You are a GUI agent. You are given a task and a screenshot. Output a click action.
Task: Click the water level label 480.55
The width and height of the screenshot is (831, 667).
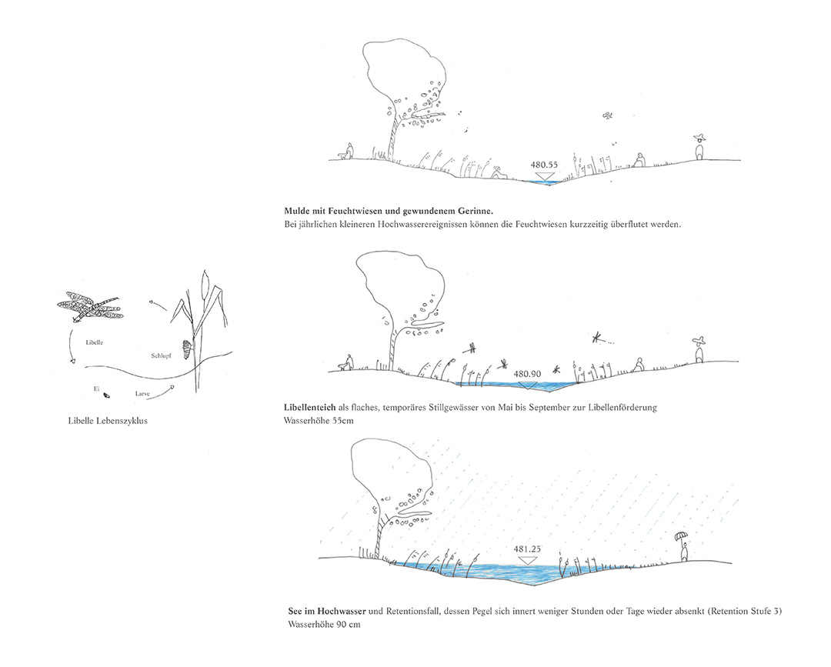(x=544, y=165)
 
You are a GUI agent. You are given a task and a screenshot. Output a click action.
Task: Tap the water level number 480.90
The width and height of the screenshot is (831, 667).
(x=527, y=374)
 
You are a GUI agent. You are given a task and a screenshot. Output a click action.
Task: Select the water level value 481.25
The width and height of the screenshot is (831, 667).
(x=527, y=549)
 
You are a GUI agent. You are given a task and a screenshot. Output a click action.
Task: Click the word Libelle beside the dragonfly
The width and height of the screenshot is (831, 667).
(x=95, y=342)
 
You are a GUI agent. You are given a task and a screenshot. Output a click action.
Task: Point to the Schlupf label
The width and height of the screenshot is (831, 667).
(x=161, y=355)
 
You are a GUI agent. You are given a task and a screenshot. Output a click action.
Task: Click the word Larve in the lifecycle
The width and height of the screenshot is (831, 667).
(x=142, y=394)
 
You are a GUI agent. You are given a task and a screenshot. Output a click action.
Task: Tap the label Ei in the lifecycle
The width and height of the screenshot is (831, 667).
(x=96, y=389)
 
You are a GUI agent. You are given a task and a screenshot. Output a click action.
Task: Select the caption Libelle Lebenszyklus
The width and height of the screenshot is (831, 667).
(x=108, y=421)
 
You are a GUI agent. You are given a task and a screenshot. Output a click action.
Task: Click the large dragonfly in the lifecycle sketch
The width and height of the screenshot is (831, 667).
(x=89, y=307)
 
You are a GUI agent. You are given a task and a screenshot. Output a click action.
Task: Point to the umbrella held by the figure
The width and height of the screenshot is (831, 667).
(x=679, y=535)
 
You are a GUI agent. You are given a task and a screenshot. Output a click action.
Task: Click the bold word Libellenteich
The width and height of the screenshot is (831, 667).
(x=309, y=408)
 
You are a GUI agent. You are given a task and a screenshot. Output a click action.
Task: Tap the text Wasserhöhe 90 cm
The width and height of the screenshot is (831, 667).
(x=325, y=624)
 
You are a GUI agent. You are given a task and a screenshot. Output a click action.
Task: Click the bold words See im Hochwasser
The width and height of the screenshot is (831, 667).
(x=327, y=611)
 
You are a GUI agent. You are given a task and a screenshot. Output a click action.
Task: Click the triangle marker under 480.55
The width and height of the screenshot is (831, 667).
(x=544, y=176)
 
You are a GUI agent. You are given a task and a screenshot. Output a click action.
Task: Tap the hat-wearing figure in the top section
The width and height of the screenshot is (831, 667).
(x=701, y=147)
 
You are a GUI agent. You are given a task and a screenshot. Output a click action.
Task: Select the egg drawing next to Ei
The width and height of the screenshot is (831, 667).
(x=107, y=395)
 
